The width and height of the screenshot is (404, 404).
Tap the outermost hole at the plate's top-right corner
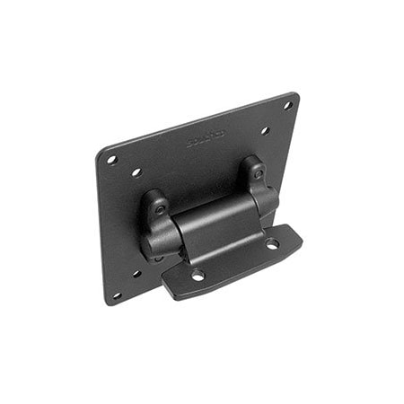coord(287,105)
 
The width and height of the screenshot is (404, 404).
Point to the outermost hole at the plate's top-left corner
coord(112,160)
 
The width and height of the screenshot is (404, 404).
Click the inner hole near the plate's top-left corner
coord(136,171)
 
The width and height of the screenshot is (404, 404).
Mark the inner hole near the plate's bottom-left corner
coord(137,273)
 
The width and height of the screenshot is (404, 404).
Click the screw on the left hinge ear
coord(161,208)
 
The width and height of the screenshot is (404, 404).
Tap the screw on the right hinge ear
coord(258,171)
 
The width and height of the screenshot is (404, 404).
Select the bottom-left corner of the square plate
coord(107,303)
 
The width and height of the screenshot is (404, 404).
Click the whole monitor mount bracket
coord(202,202)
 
